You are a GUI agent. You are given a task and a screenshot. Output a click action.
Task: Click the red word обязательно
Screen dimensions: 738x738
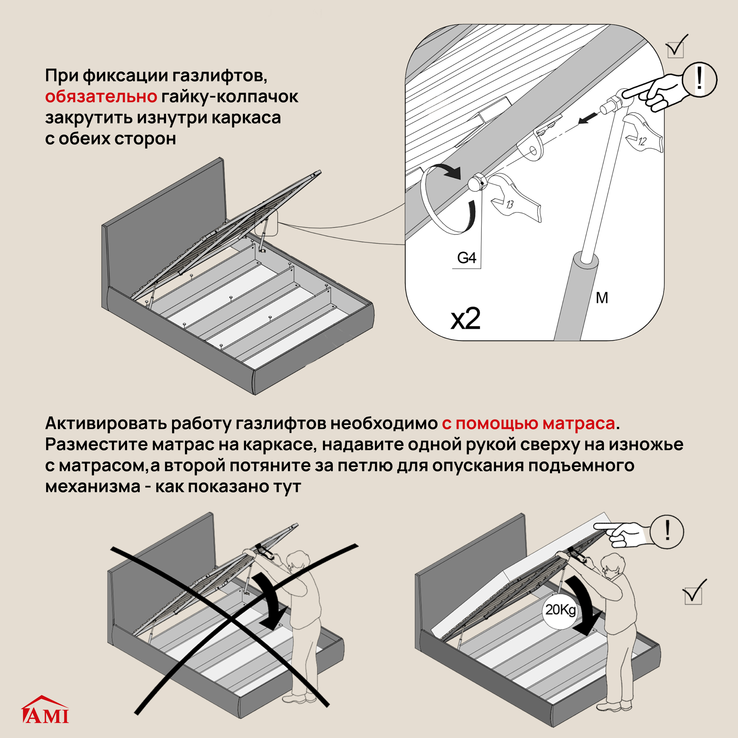101,97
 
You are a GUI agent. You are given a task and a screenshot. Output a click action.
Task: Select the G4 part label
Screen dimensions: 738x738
466,258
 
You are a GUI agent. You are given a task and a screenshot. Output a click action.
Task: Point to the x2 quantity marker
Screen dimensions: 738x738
465,318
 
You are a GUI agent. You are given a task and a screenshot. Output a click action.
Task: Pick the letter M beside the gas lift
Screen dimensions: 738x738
602,298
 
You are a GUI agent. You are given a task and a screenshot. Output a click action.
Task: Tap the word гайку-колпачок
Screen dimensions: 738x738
229,97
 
